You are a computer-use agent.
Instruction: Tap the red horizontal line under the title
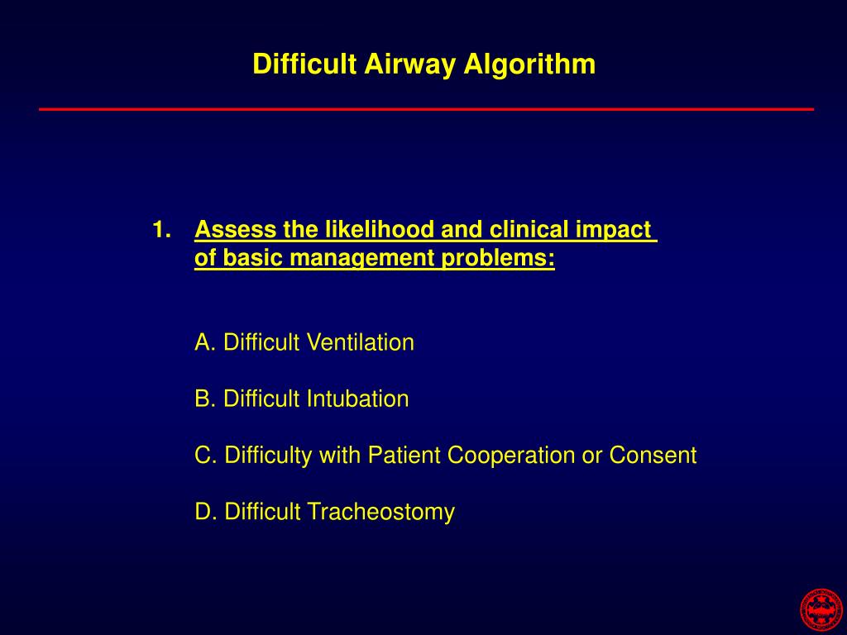pyautogui.click(x=426, y=109)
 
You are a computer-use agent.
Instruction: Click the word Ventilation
pyautogui.click(x=360, y=342)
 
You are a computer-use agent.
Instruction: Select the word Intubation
pyautogui.click(x=357, y=399)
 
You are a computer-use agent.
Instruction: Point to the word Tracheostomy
pyautogui.click(x=380, y=512)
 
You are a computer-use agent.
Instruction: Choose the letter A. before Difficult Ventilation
pyautogui.click(x=205, y=342)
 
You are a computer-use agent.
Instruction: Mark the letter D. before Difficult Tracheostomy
pyautogui.click(x=205, y=512)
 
